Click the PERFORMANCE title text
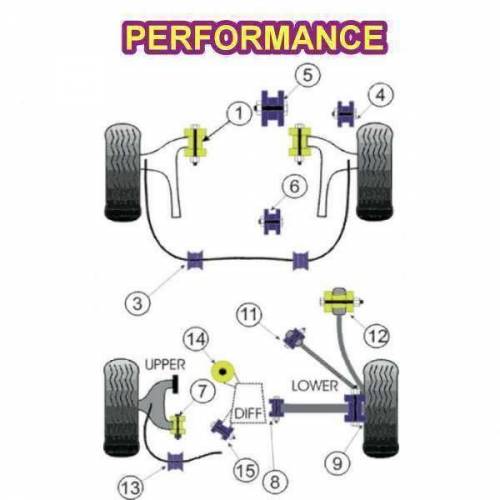[x=254, y=37]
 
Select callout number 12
[x=376, y=337]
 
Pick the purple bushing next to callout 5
[x=270, y=106]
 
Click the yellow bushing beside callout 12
[x=339, y=299]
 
